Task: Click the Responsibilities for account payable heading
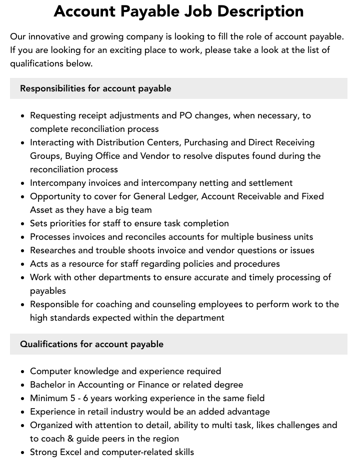tap(95, 88)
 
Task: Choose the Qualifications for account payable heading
tap(91, 344)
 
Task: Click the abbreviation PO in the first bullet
tap(185, 115)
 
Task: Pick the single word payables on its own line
tap(48, 291)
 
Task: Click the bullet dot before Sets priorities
tap(23, 224)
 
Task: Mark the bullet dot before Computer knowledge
tap(23, 372)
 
